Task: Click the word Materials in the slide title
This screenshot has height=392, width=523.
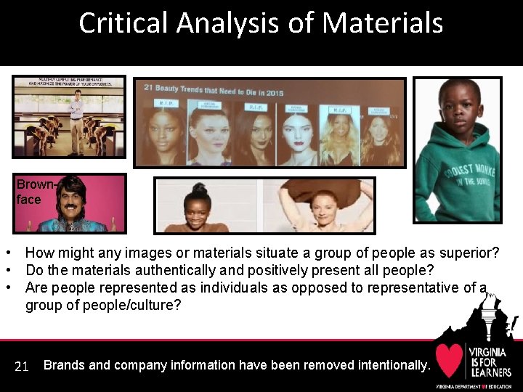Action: point(383,23)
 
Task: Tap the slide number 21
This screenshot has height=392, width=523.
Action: point(22,367)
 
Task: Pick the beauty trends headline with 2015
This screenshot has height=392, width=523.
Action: point(214,92)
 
